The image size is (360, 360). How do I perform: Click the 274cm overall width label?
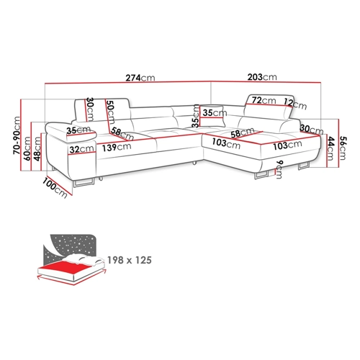click(x=140, y=78)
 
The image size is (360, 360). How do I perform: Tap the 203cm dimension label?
click(x=262, y=77)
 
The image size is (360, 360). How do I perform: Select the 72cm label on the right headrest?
click(x=264, y=100)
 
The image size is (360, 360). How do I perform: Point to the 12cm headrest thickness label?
click(x=295, y=104)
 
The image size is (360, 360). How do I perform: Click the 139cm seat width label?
click(x=117, y=147)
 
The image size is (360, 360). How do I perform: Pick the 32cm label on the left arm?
click(x=81, y=149)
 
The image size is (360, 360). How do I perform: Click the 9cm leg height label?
click(x=279, y=169)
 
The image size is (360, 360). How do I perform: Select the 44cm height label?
click(x=330, y=148)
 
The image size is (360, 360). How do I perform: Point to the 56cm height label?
click(x=343, y=148)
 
